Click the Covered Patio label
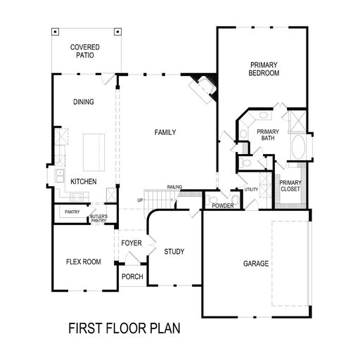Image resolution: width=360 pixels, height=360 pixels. point(85,51)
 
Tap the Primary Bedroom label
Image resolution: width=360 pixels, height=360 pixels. point(264,69)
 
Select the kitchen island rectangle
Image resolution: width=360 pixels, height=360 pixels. point(94,153)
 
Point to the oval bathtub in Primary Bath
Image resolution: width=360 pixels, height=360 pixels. point(298,147)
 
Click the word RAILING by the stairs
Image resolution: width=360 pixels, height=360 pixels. point(174,187)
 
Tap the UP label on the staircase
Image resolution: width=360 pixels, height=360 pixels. point(140,200)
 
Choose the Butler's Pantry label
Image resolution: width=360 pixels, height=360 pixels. point(98,218)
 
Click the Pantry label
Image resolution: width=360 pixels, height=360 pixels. point(72,212)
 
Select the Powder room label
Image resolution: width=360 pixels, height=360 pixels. point(223,206)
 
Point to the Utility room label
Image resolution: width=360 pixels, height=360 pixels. point(251,189)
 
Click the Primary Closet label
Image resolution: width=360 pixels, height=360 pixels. point(290,186)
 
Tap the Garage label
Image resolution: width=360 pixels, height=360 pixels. point(256,264)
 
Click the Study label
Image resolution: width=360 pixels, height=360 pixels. point(174,252)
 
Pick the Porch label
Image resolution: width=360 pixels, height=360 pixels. point(132,276)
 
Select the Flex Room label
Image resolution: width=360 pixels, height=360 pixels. point(84,262)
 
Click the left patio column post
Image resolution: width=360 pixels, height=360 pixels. point(55,32)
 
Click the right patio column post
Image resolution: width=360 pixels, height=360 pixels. point(117,32)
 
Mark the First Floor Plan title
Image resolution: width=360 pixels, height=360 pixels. point(124,328)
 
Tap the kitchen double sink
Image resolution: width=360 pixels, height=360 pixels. point(60,176)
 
